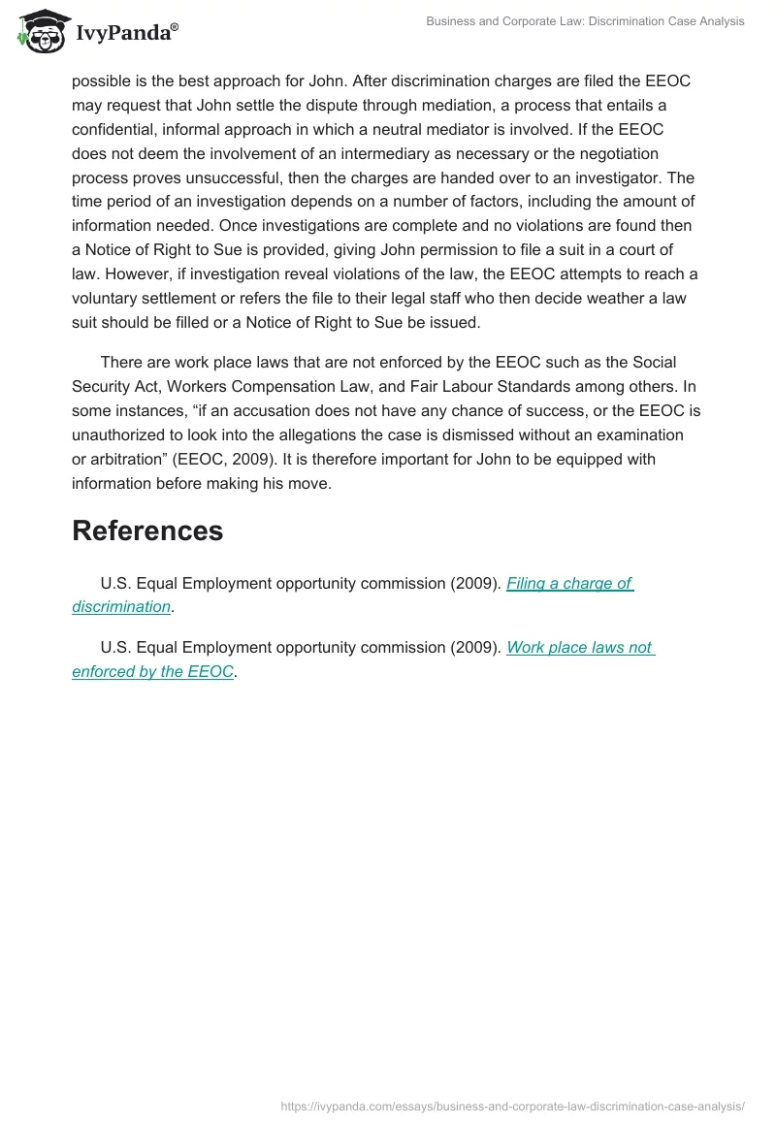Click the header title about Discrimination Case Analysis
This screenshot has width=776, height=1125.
585,21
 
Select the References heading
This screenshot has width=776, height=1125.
147,530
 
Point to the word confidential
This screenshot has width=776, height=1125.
115,129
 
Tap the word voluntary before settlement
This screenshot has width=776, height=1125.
106,299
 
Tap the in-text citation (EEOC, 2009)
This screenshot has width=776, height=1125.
222,459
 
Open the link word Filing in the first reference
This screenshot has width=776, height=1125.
525,583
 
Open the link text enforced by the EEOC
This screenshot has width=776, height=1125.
152,671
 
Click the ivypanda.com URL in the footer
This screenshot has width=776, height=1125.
512,1105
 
